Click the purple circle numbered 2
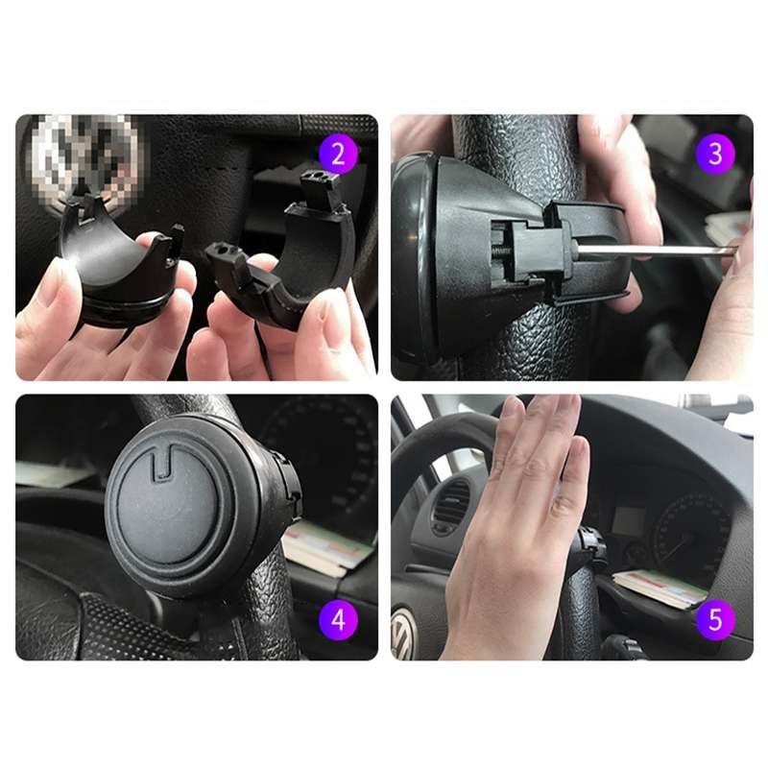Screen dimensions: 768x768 pyautogui.click(x=338, y=154)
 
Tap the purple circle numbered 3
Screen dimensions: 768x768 pyautogui.click(x=715, y=154)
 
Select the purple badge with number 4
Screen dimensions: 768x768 pyautogui.click(x=338, y=619)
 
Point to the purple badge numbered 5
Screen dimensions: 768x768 pyautogui.click(x=715, y=619)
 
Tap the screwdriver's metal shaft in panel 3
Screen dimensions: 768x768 pyautogui.click(x=662, y=251)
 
